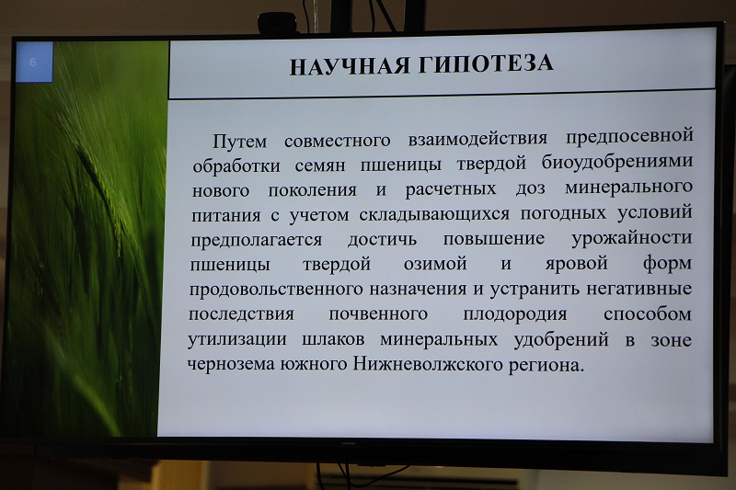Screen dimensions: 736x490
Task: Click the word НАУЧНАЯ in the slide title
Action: tap(350, 66)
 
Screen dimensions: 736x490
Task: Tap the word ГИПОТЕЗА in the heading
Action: tap(486, 63)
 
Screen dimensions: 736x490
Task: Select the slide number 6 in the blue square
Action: tap(32, 63)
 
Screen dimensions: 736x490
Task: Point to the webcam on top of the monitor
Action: tap(278, 23)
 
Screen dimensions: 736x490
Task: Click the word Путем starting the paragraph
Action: tap(240, 141)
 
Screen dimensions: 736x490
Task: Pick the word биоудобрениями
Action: tap(617, 161)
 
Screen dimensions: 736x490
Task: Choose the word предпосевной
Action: tap(629, 136)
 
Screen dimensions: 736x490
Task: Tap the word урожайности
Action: tap(632, 239)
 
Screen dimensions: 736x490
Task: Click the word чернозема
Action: tap(231, 364)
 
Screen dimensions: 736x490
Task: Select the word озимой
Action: tap(435, 263)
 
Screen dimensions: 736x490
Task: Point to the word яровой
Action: tap(577, 263)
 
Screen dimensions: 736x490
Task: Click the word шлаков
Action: tap(333, 339)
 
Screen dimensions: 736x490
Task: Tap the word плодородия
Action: tap(515, 314)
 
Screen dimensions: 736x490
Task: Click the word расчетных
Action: tap(451, 189)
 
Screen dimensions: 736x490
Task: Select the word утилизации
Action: tap(237, 339)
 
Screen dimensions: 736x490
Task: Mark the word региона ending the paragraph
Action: tap(546, 365)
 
